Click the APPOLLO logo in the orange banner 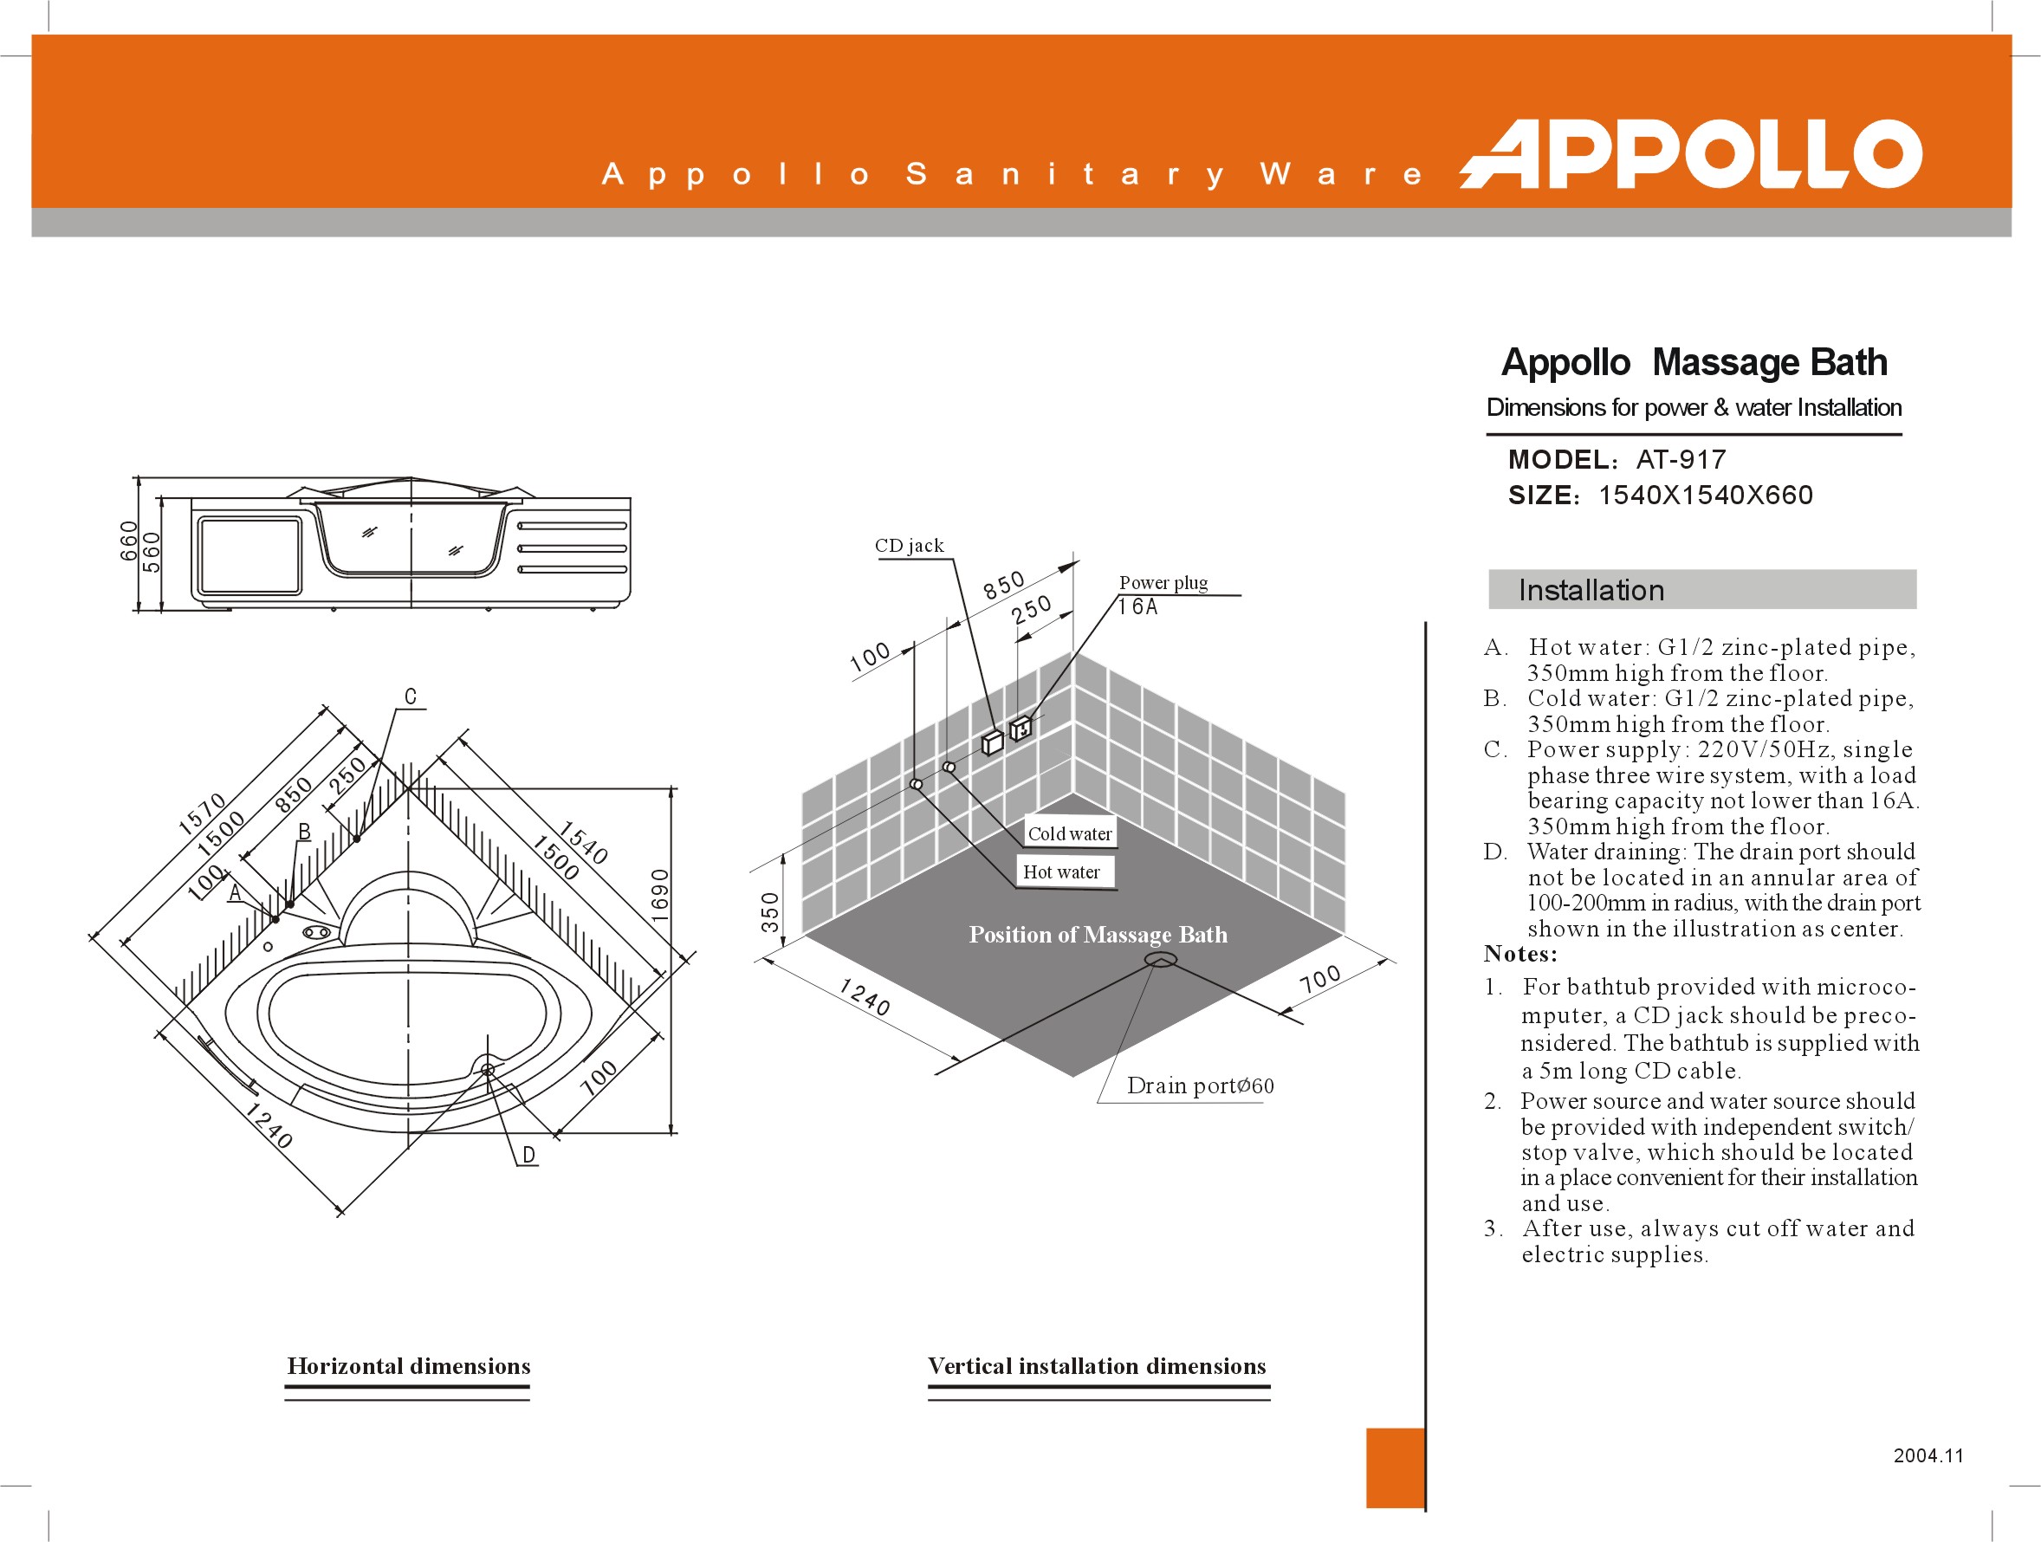click(x=1690, y=154)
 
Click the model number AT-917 click(x=1681, y=459)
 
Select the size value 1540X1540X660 click(x=1705, y=496)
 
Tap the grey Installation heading click(x=1591, y=591)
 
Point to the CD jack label click(x=909, y=546)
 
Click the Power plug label click(x=1163, y=582)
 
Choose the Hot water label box click(x=1061, y=872)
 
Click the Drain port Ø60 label click(x=1200, y=1085)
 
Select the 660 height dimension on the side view click(x=128, y=541)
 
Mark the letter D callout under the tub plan click(x=528, y=1155)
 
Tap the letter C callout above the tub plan click(x=411, y=696)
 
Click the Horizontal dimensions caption click(x=408, y=1366)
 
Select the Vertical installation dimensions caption click(x=1096, y=1366)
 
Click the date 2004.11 click(x=1928, y=1455)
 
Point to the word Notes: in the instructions click(x=1519, y=954)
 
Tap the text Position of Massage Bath click(x=1098, y=935)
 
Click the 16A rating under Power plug click(x=1137, y=606)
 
